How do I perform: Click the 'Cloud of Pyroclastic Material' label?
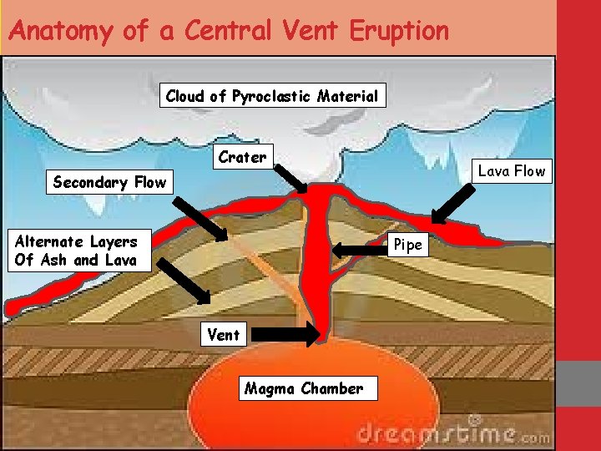point(272,96)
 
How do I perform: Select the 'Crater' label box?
point(242,157)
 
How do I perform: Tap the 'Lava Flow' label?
point(511,171)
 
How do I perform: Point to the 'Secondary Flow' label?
point(109,182)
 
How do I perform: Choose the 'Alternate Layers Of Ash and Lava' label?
point(77,251)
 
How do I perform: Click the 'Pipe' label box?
point(408,245)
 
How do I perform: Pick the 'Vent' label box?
point(224,335)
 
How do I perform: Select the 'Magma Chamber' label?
point(304,388)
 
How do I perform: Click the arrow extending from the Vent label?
point(285,335)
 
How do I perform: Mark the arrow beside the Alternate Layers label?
point(184,278)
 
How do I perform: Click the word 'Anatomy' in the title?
point(60,31)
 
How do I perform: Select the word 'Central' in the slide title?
point(227,31)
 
